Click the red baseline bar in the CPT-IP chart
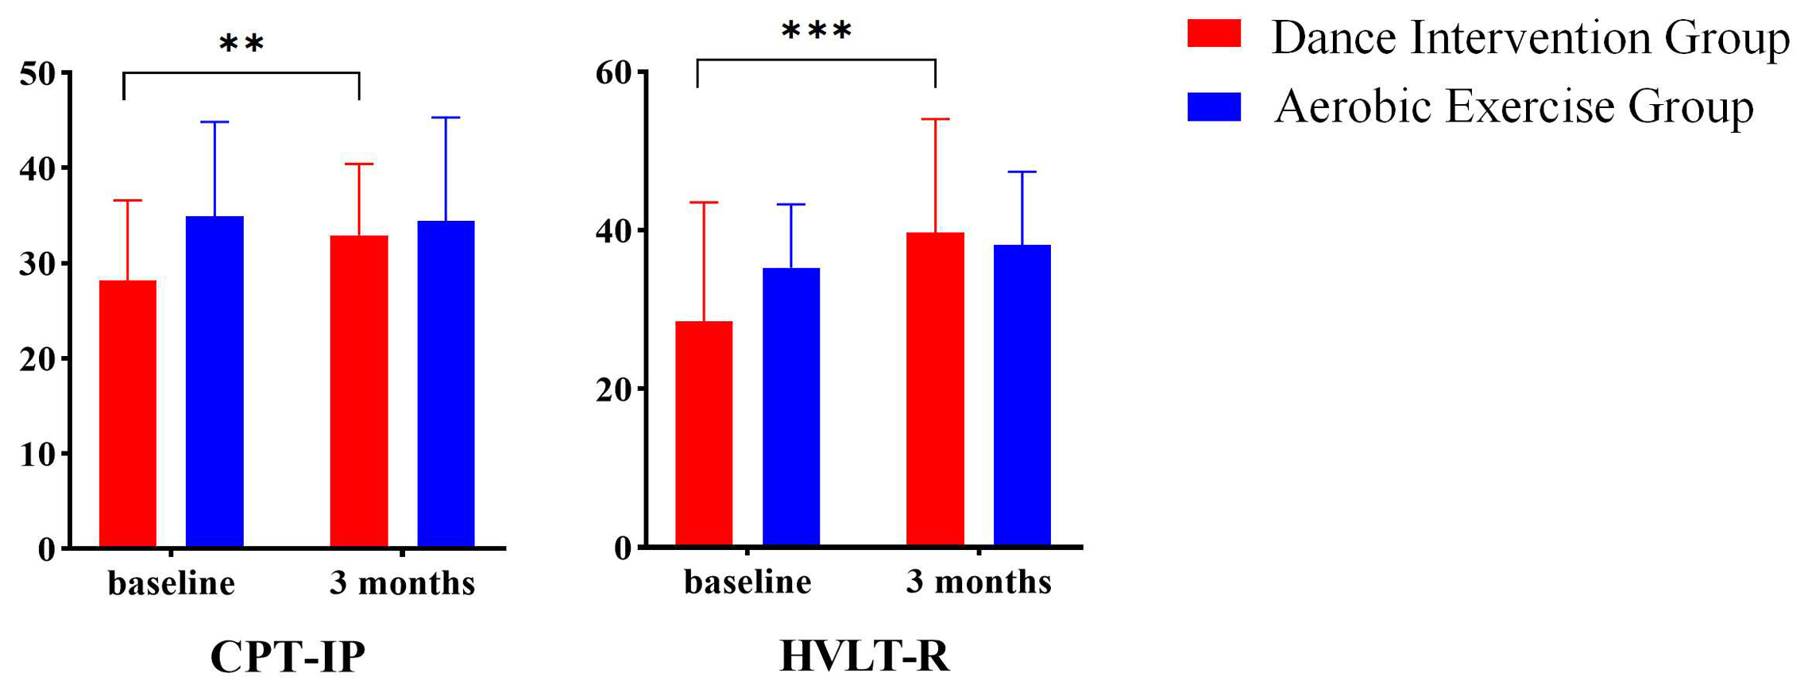tap(127, 413)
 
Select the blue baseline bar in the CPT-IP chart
tap(214, 381)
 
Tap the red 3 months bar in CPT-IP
tap(359, 391)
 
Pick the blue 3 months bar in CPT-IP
tap(446, 384)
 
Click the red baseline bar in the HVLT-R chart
tap(704, 434)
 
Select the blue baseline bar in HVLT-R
tap(791, 407)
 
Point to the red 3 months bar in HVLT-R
tap(935, 389)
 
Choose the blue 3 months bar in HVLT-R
tap(1022, 395)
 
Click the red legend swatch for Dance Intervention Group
tap(1214, 33)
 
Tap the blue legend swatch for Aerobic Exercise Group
tap(1214, 106)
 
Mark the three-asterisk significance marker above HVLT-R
tap(817, 32)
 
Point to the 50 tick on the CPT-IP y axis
tap(38, 74)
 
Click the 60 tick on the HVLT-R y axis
tap(615, 73)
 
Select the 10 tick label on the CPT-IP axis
tap(38, 455)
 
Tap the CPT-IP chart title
tap(288, 656)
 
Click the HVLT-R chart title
tap(864, 656)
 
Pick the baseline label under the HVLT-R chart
tap(748, 583)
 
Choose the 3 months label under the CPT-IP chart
tap(402, 583)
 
